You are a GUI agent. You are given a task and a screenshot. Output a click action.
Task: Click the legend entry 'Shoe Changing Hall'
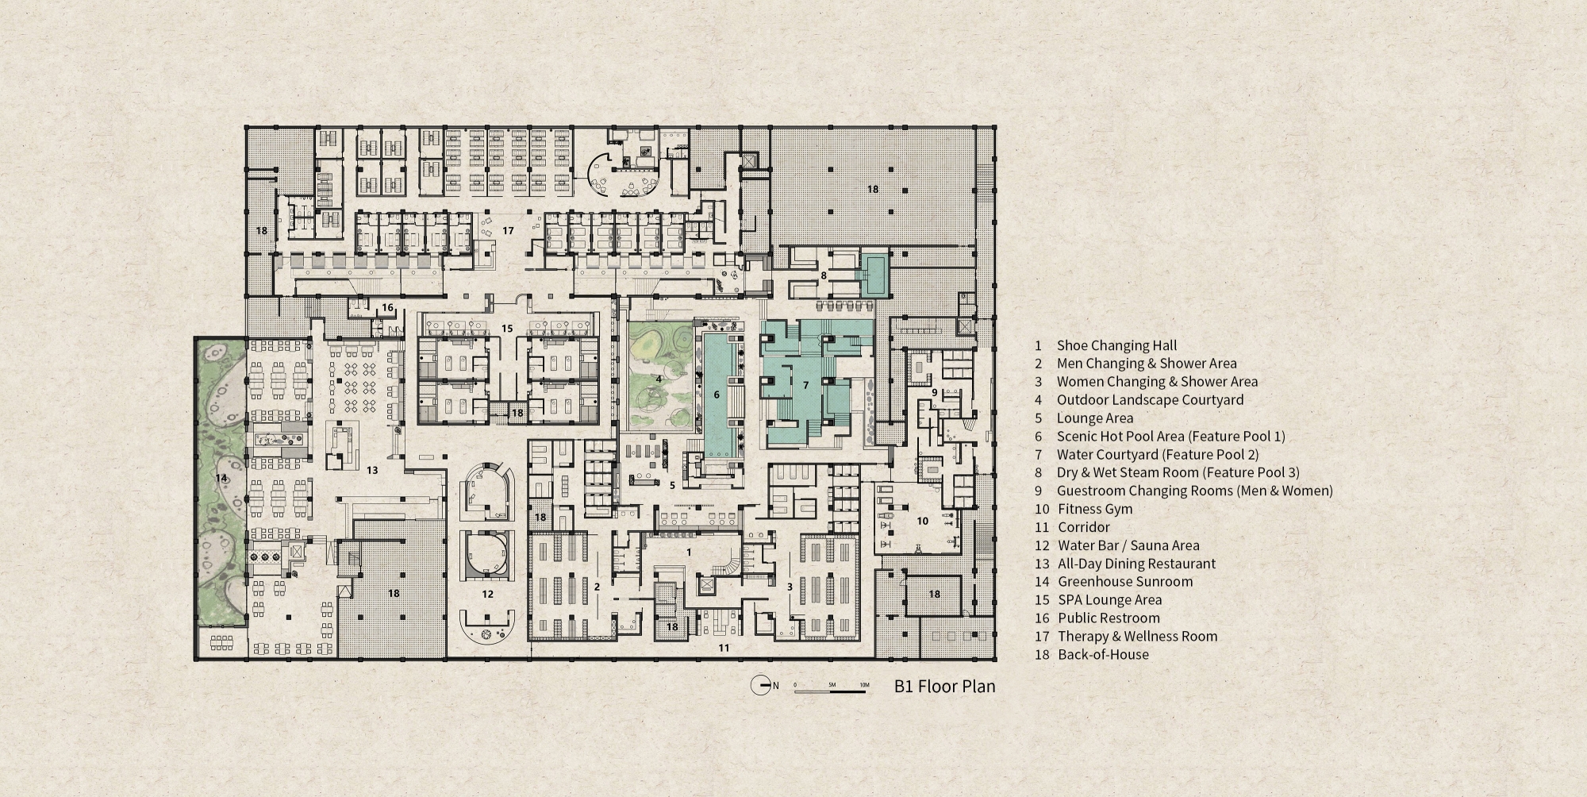[x=1116, y=345]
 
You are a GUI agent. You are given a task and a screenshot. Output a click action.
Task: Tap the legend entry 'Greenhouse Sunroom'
[x=1124, y=581]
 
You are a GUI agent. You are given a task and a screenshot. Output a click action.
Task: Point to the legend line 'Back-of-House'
[x=1103, y=654]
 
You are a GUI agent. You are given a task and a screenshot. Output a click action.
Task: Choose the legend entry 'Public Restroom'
[x=1109, y=618]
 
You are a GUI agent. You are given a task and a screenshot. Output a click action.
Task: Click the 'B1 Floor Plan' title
[x=944, y=686]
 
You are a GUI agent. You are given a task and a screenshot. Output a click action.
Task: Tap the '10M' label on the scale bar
[x=864, y=684]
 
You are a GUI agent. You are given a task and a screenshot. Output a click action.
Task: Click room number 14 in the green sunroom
[x=221, y=478]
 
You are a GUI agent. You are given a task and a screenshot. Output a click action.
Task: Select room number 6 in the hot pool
[x=716, y=394]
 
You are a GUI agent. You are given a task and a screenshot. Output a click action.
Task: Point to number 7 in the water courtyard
[x=805, y=385]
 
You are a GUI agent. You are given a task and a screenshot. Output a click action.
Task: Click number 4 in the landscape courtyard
[x=659, y=379]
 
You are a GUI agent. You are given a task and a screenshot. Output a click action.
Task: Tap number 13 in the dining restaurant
[x=371, y=470]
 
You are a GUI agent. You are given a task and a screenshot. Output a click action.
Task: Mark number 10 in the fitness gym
[x=922, y=521]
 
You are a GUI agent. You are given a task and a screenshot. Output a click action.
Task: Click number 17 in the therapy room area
[x=508, y=230]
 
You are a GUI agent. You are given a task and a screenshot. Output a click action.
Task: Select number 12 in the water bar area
[x=487, y=594]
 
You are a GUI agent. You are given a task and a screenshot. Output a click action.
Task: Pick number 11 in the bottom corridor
[x=724, y=648]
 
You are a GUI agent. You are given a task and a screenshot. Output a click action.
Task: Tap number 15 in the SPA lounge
[x=508, y=328]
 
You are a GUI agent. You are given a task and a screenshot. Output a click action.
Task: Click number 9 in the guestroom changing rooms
[x=934, y=392]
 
